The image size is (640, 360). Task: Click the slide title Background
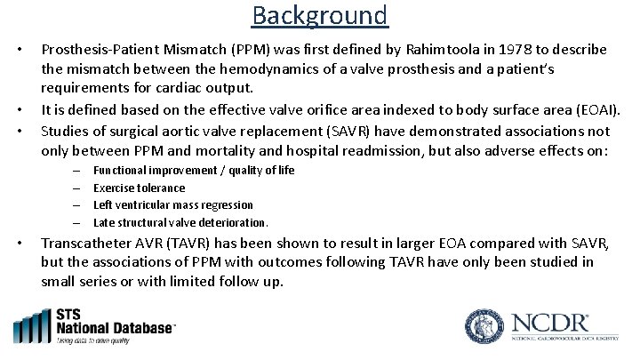click(319, 15)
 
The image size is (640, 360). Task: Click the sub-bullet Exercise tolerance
click(139, 188)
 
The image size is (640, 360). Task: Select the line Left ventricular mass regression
click(172, 204)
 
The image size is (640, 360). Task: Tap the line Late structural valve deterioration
click(180, 222)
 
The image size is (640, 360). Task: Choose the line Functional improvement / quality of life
click(193, 170)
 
